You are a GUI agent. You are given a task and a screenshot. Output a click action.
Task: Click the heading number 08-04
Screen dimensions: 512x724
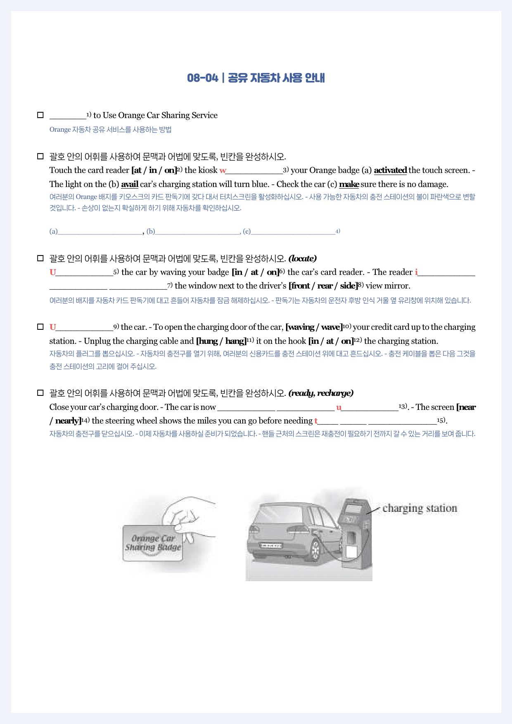point(202,78)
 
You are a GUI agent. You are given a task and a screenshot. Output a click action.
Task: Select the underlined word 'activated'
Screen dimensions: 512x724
point(390,170)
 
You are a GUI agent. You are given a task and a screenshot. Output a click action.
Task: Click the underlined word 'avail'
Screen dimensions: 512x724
point(130,184)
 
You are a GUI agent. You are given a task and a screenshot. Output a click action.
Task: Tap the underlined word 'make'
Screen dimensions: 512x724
point(349,184)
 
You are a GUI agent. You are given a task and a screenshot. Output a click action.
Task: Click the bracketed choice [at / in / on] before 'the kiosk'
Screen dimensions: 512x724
point(154,170)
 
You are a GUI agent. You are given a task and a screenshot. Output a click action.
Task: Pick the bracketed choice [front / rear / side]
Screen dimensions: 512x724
point(323,286)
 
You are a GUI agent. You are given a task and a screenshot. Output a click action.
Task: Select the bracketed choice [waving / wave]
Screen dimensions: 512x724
point(314,327)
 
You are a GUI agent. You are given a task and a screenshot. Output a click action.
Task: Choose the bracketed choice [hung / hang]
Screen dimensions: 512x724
point(221,341)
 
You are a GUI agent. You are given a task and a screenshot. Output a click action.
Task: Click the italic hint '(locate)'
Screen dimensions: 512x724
point(303,259)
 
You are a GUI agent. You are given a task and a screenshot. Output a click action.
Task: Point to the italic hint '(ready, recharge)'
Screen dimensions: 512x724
point(321,393)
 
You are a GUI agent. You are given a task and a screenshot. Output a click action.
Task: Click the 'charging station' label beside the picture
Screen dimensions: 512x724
point(420,508)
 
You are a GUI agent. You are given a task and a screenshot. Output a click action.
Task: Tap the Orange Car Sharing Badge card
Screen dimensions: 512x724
point(152,543)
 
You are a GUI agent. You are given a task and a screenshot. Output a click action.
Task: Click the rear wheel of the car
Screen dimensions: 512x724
point(315,551)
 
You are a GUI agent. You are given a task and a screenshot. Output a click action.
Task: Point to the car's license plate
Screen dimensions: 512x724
point(270,546)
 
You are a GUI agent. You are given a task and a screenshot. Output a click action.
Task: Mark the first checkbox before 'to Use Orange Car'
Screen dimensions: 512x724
point(40,115)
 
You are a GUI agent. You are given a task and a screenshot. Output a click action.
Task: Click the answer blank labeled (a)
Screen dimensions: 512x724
point(100,231)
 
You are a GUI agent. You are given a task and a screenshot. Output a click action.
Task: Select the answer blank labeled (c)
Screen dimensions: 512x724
point(293,231)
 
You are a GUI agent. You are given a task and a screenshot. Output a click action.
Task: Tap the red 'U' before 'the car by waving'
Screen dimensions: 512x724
point(52,272)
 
